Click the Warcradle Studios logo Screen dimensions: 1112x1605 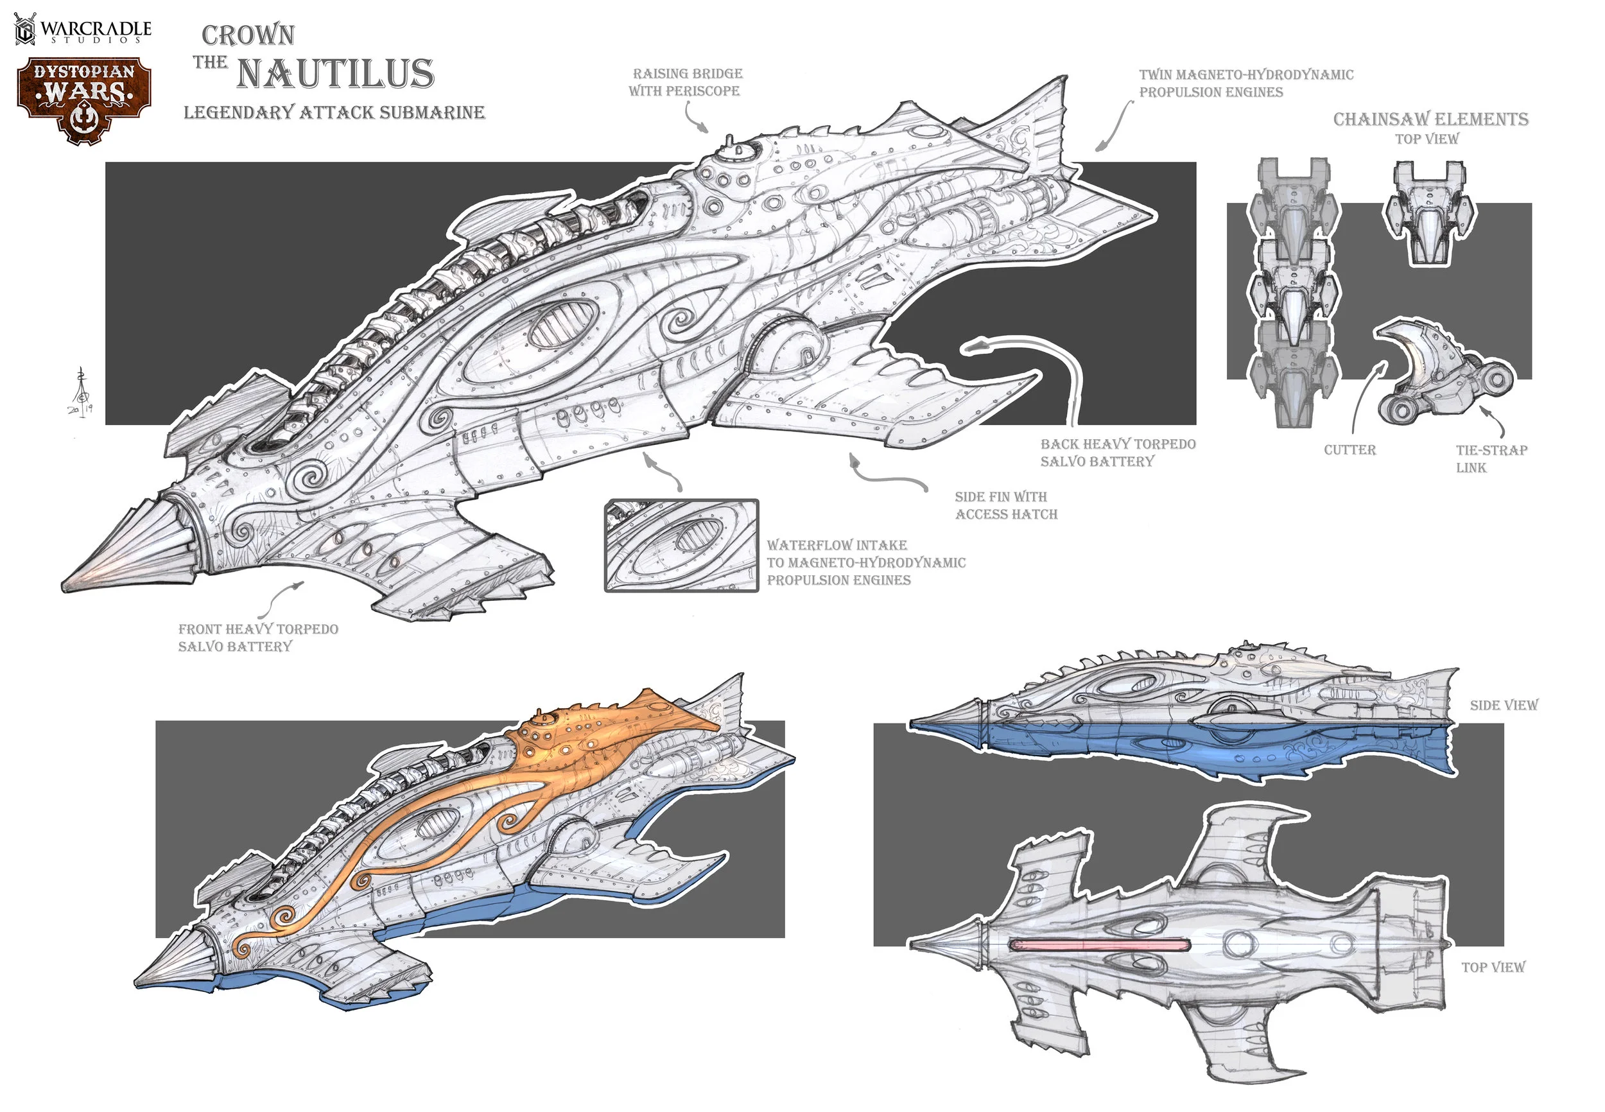pyautogui.click(x=83, y=30)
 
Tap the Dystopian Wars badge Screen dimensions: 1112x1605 pyautogui.click(x=84, y=100)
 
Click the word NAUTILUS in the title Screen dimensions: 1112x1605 pyautogui.click(x=335, y=74)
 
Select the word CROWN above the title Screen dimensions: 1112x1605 pyautogui.click(x=248, y=35)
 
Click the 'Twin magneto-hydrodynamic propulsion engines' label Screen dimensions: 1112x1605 pyautogui.click(x=1245, y=83)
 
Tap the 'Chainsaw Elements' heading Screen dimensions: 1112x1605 pyautogui.click(x=1430, y=119)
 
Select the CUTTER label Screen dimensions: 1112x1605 pyautogui.click(x=1349, y=450)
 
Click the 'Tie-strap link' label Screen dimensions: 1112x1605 pyautogui.click(x=1491, y=458)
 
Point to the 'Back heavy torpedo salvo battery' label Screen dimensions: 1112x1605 pyautogui.click(x=1117, y=452)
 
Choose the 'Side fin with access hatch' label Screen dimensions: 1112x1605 pyautogui.click(x=1005, y=505)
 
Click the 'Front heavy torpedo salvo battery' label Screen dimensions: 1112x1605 pyautogui.click(x=257, y=638)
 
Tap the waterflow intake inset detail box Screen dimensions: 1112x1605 pyautogui.click(x=681, y=546)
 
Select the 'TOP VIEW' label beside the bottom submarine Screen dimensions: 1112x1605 pyautogui.click(x=1493, y=967)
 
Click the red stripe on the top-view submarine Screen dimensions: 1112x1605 pyautogui.click(x=1100, y=946)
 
